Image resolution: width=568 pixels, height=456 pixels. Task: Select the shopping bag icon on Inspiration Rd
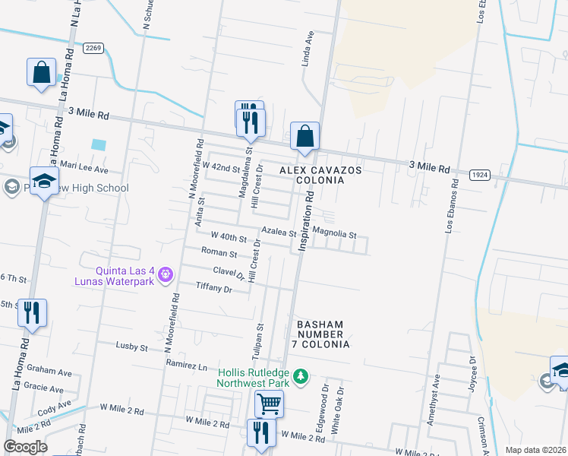305,137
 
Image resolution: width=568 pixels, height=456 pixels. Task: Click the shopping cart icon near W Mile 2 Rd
269,404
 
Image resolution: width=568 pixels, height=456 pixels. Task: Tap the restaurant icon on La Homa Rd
32,313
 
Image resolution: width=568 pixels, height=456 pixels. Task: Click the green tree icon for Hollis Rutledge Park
301,376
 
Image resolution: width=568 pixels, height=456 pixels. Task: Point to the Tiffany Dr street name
213,289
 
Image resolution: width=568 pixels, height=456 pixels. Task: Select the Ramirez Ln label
187,366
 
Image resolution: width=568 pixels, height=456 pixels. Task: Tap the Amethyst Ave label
434,398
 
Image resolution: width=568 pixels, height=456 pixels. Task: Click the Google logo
25,446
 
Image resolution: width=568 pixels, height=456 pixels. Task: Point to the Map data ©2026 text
535,450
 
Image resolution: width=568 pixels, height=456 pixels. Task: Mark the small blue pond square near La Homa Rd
98,144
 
